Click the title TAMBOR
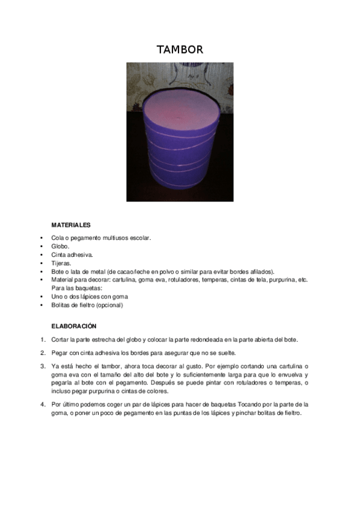tap(180, 49)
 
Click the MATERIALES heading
tap(71, 225)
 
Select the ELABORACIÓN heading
tap(74, 326)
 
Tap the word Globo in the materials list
tap(60, 246)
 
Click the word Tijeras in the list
tap(61, 263)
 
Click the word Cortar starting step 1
tap(60, 340)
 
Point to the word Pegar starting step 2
tap(59, 352)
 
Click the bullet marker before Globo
tap(42, 246)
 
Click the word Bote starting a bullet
tap(58, 271)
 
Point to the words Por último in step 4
tap(66, 404)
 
